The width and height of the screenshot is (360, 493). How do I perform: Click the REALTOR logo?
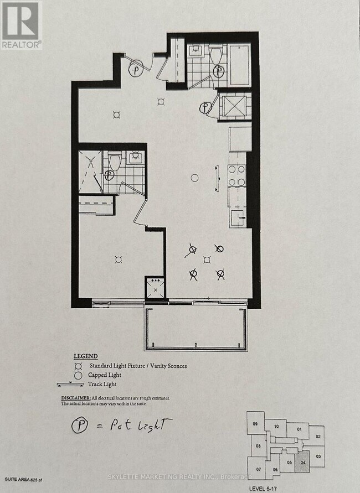click(x=21, y=25)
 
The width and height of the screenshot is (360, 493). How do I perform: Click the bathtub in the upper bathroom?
click(x=239, y=65)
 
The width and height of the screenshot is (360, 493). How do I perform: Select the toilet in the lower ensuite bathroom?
click(x=115, y=162)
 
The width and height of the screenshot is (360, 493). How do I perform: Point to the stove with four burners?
click(x=237, y=176)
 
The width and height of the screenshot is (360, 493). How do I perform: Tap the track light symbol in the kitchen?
click(x=218, y=179)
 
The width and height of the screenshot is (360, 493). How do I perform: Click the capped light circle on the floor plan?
click(x=194, y=178)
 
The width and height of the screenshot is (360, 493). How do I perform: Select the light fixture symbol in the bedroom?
click(x=117, y=258)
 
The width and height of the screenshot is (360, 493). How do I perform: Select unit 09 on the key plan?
click(x=255, y=424)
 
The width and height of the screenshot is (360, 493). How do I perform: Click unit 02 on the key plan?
click(x=318, y=436)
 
